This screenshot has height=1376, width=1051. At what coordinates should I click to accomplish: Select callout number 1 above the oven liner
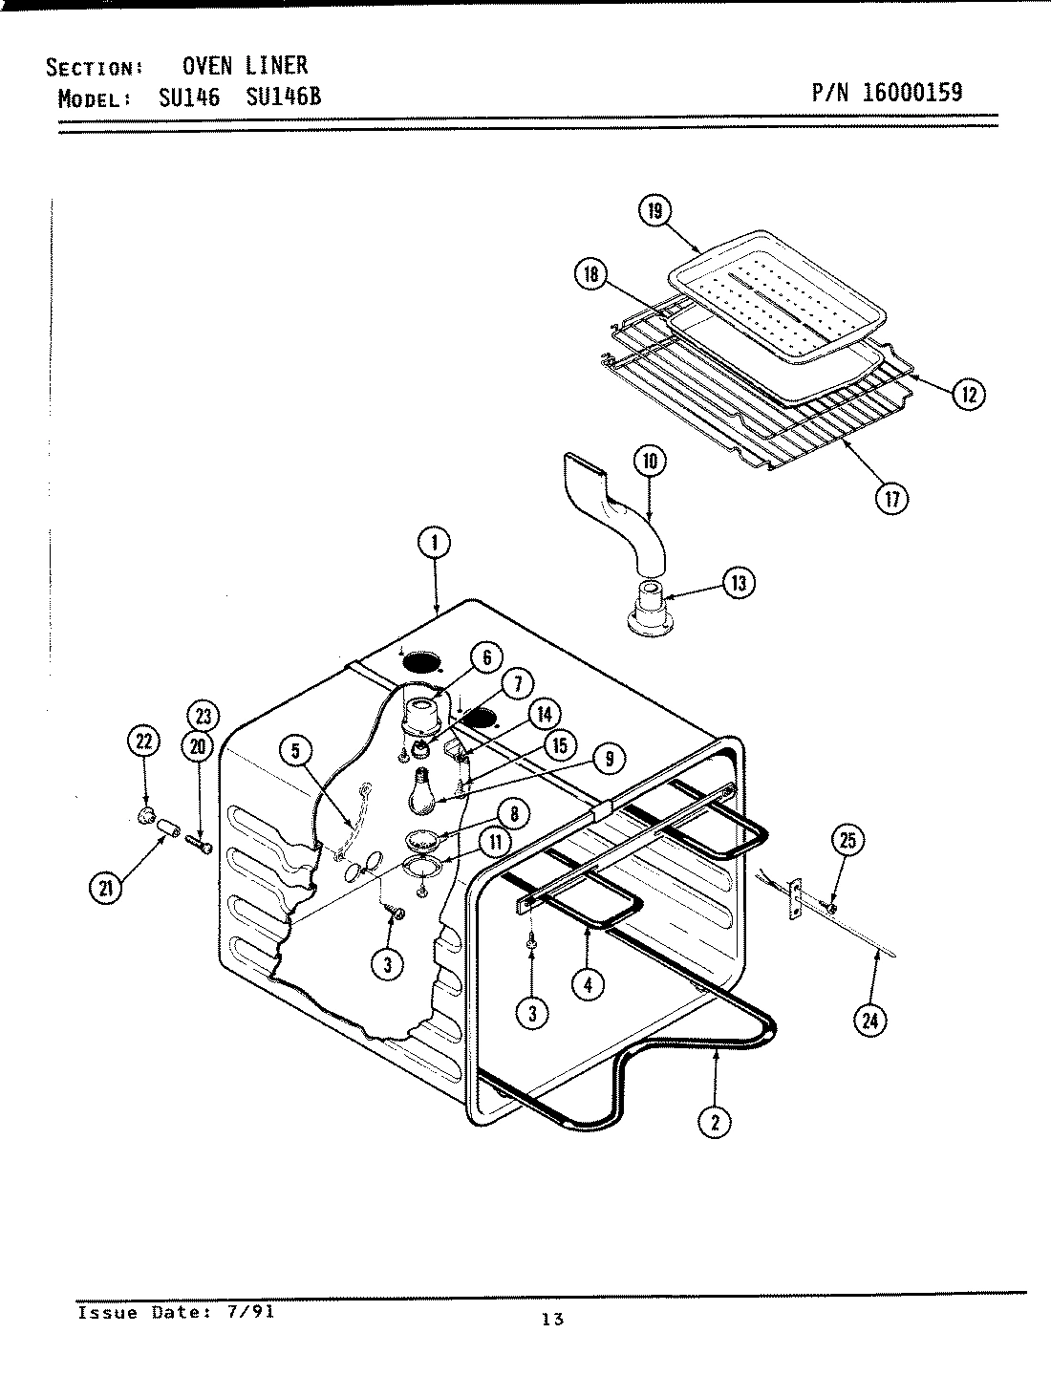pos(434,544)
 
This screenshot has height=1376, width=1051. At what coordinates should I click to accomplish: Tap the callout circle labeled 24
pos(869,1021)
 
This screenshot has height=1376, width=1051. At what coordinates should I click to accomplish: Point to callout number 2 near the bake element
pos(715,1122)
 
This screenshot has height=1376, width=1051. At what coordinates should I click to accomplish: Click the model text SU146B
pos(284,97)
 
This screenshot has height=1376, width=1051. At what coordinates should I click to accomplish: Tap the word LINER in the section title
pos(276,65)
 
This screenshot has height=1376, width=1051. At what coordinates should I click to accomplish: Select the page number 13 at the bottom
pos(551,1320)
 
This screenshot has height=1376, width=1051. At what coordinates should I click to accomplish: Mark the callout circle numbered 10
pos(650,462)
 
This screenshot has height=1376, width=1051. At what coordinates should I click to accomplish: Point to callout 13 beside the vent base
pos(738,583)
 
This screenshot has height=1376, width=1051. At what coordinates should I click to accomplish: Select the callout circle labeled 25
pos(847,841)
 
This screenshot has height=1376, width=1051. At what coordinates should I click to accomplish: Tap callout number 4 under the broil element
pos(588,983)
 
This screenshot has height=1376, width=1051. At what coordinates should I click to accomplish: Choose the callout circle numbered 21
pos(105,888)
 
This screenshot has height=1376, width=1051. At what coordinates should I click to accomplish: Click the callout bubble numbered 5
pos(296,752)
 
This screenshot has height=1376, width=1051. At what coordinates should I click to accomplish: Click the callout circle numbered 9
pos(609,758)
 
